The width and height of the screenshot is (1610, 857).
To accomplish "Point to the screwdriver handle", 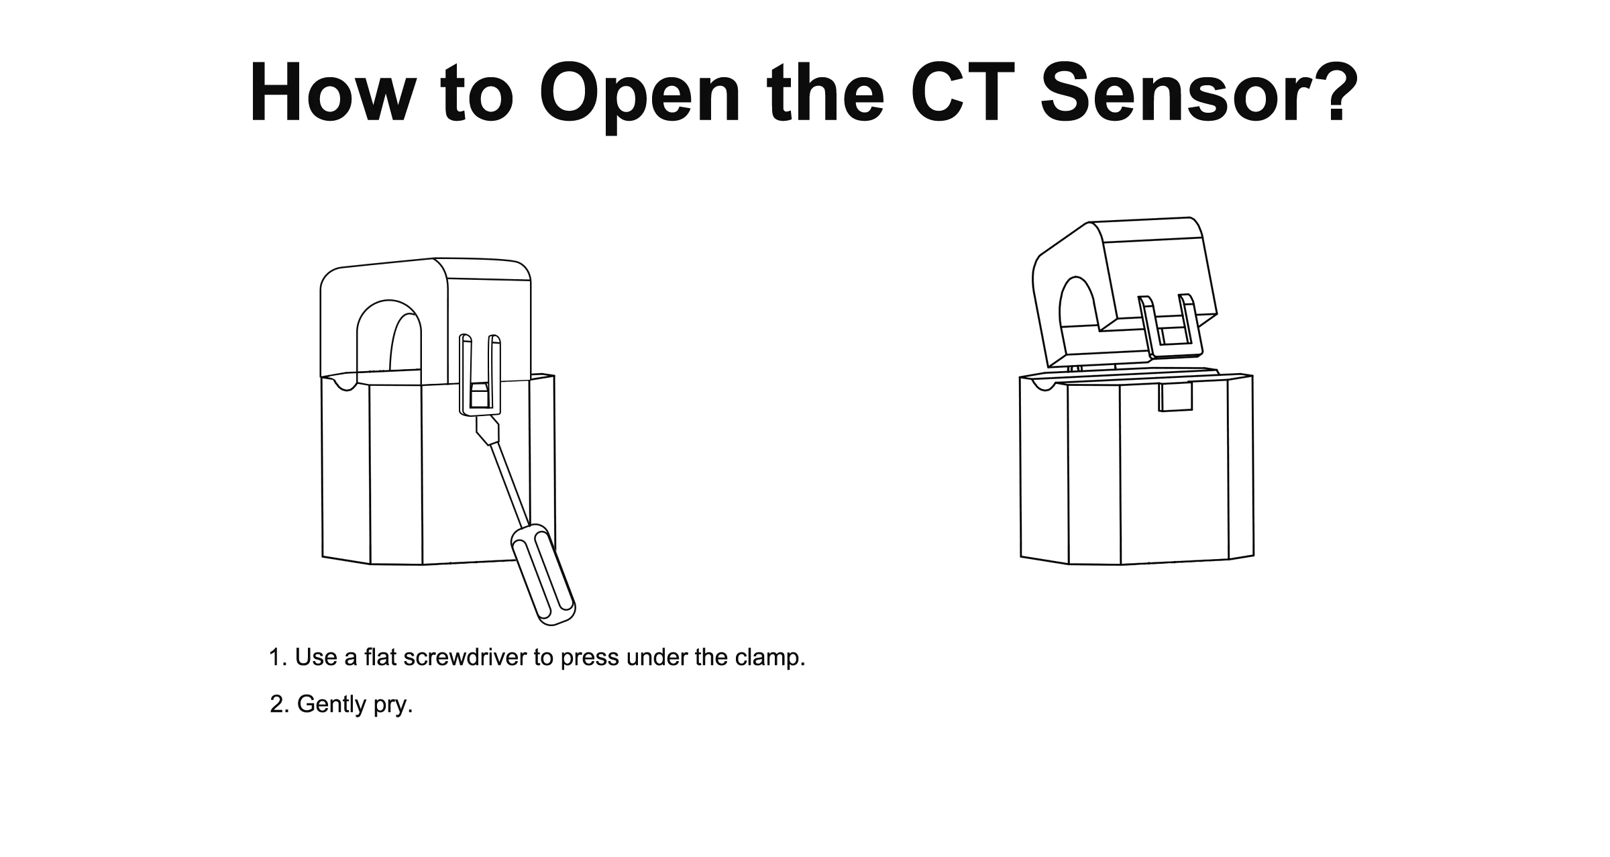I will [543, 574].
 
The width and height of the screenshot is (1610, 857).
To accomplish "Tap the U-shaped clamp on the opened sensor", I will [1171, 326].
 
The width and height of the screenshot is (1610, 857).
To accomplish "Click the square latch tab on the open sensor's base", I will [1175, 397].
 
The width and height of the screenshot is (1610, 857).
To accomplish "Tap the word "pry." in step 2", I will [394, 705].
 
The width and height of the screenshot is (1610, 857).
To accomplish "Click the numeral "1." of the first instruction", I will [278, 658].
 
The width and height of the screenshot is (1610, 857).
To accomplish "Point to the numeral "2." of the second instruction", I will [279, 704].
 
